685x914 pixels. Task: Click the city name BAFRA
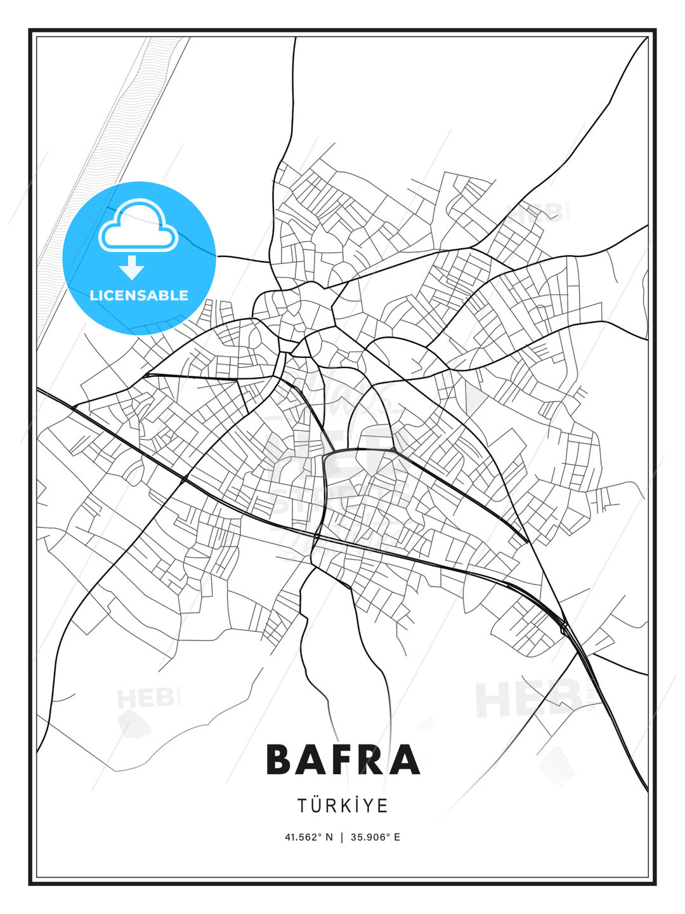click(x=342, y=760)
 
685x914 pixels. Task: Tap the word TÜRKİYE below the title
click(x=342, y=806)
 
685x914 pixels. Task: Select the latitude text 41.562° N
click(x=308, y=837)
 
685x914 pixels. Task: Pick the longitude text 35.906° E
click(x=375, y=837)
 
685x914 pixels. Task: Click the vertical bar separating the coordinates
click(x=342, y=837)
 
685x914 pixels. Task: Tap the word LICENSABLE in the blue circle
click(x=139, y=295)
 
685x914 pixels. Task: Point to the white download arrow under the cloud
click(x=132, y=268)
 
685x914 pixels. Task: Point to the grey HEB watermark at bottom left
click(x=145, y=699)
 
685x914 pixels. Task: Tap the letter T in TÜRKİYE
click(x=303, y=806)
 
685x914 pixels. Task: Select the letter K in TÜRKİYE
click(x=343, y=806)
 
